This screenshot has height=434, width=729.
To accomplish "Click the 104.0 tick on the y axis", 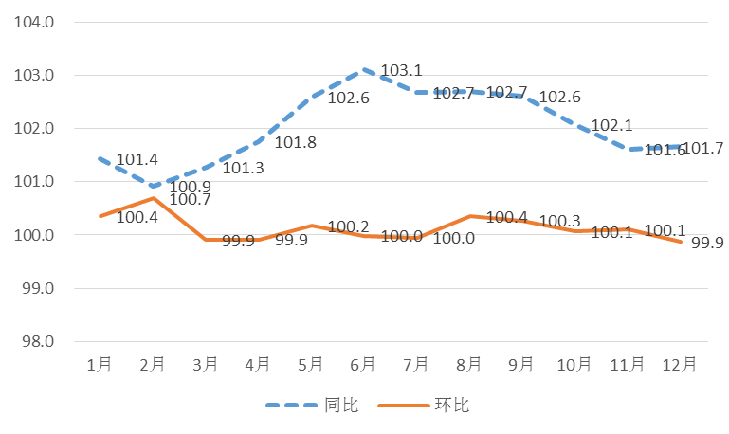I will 34,22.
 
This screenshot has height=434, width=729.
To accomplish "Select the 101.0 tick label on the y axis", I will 34,182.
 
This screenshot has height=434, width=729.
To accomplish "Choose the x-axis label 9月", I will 522,365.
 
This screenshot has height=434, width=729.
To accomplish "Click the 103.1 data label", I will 401,71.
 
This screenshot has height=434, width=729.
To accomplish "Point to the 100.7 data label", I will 190,200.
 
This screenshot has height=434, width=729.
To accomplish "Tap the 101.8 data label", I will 295,143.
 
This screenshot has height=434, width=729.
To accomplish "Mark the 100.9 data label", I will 190,187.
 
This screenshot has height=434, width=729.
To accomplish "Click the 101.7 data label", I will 703,148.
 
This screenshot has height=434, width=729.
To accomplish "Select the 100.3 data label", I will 559,221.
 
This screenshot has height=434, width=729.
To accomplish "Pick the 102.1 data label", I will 611,126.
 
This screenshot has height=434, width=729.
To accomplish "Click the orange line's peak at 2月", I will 152,197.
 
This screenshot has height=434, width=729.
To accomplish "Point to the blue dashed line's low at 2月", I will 152,186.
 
